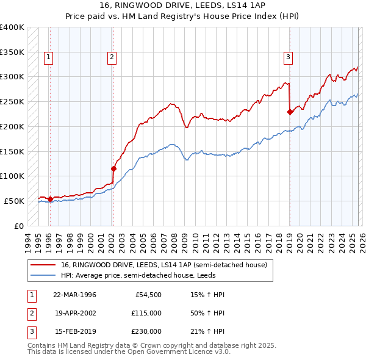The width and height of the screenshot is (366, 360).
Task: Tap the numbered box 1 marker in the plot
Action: [x=48, y=57]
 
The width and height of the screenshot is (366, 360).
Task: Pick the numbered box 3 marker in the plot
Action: [x=288, y=57]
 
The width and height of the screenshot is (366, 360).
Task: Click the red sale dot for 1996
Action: [x=49, y=198]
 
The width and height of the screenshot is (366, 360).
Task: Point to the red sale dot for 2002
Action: [x=113, y=168]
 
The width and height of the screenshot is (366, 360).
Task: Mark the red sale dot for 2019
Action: [x=289, y=112]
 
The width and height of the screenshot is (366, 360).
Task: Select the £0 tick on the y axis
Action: [x=18, y=226]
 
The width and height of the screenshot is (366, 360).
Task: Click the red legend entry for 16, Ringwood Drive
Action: [x=163, y=265]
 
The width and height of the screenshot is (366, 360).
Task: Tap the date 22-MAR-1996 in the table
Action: [x=74, y=295]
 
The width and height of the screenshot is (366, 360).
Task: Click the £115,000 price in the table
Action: [x=146, y=313]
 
